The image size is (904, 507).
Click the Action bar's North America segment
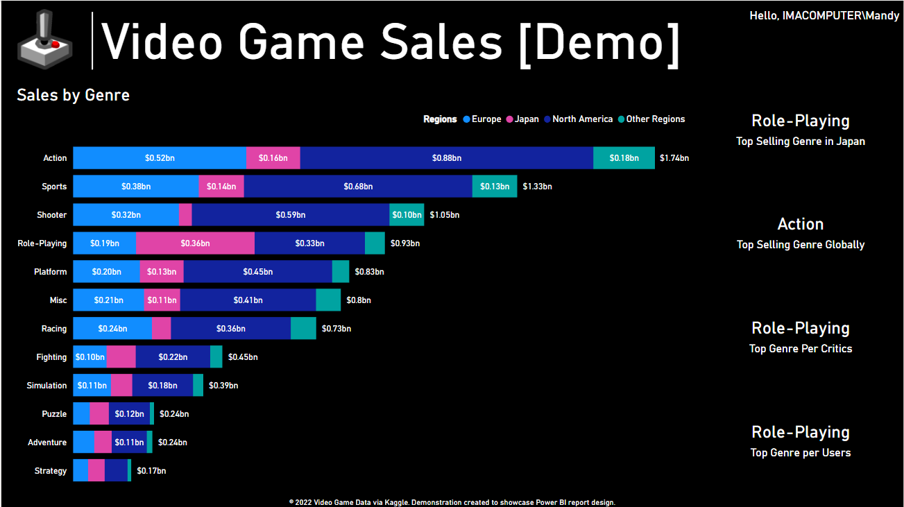pos(446,158)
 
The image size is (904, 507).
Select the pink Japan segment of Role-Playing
pos(195,243)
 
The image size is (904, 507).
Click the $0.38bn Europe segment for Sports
pos(135,187)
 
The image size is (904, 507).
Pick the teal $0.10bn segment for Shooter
pos(407,215)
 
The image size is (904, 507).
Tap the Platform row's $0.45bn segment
pos(257,272)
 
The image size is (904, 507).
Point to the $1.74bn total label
pos(674,158)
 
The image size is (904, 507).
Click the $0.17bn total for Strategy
pos(151,471)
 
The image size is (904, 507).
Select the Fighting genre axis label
pos(51,357)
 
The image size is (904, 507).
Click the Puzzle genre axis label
pos(54,414)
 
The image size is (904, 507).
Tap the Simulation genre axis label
pos(46,386)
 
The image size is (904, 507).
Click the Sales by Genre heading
pos(73,95)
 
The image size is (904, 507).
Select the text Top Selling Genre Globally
pos(800,245)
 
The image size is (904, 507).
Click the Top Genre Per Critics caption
pos(800,349)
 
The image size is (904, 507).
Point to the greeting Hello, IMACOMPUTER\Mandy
pos(824,16)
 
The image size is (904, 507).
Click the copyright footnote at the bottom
pos(452,502)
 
